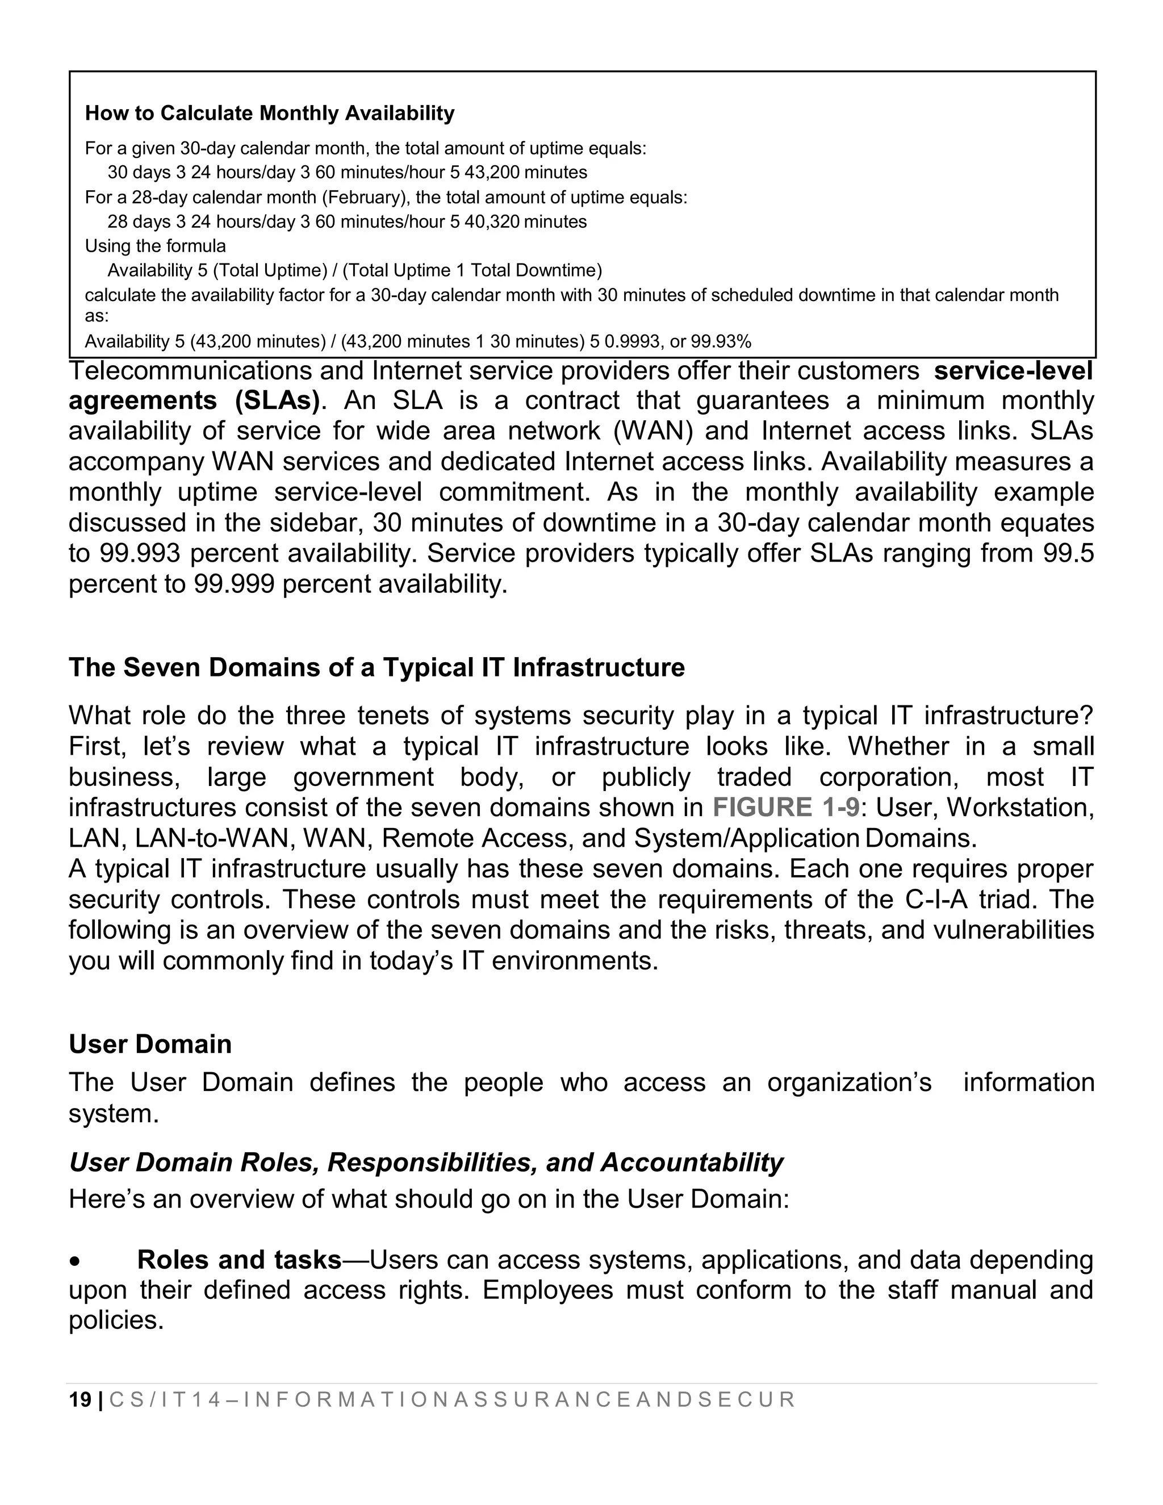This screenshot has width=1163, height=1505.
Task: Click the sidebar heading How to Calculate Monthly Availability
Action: click(x=269, y=113)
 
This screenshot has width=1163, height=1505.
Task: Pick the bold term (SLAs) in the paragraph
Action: click(x=278, y=400)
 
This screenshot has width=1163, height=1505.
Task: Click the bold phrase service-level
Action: click(x=1013, y=371)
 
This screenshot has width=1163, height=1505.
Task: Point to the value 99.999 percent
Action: click(x=235, y=584)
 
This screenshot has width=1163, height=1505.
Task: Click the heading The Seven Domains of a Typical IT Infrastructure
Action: click(x=377, y=668)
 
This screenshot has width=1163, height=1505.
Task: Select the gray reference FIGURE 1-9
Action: click(x=785, y=808)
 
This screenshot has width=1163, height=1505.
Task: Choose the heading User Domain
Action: click(x=150, y=1044)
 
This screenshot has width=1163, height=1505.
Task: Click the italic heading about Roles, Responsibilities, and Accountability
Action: click(x=426, y=1163)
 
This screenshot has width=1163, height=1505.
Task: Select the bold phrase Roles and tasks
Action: click(x=239, y=1260)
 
